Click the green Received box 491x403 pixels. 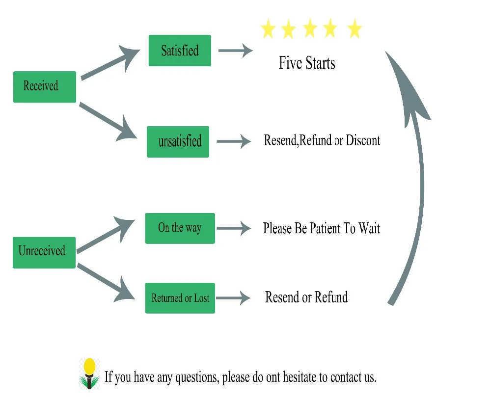44,87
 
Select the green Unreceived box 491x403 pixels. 44,252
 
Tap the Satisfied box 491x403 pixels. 180,51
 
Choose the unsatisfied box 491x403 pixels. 178,142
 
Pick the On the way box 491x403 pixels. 180,228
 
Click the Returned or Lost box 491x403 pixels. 180,298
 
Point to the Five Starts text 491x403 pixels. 307,63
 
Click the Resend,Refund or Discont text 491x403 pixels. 322,141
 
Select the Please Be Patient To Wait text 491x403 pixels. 322,229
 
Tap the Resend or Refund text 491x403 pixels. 306,297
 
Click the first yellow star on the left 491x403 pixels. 268,29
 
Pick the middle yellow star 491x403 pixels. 310,29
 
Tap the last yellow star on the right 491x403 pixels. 354,29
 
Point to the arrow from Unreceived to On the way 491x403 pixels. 106,236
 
